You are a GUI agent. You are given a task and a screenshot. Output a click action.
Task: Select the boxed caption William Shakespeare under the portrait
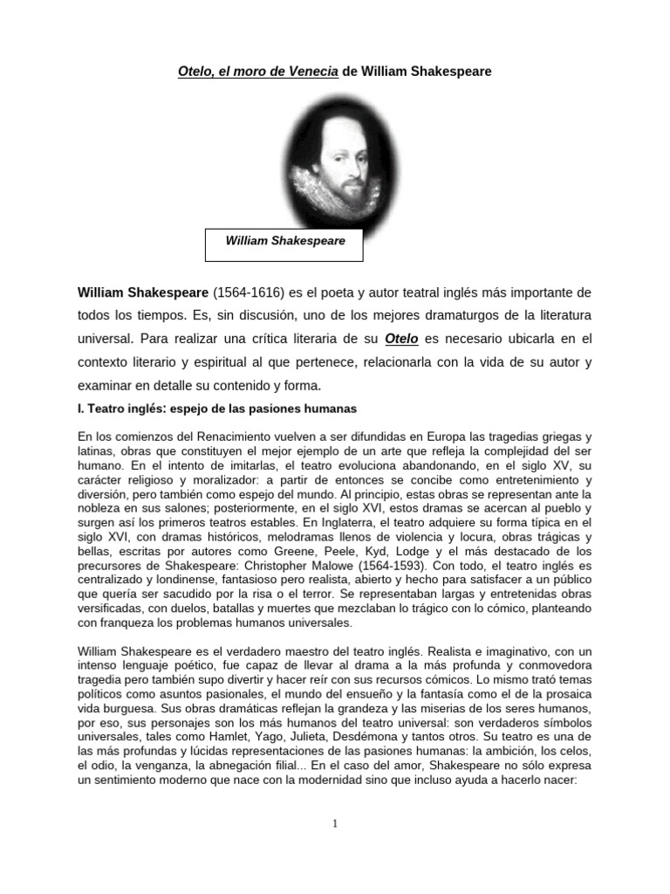284,241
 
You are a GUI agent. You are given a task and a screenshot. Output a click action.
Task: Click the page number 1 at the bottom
335,823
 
